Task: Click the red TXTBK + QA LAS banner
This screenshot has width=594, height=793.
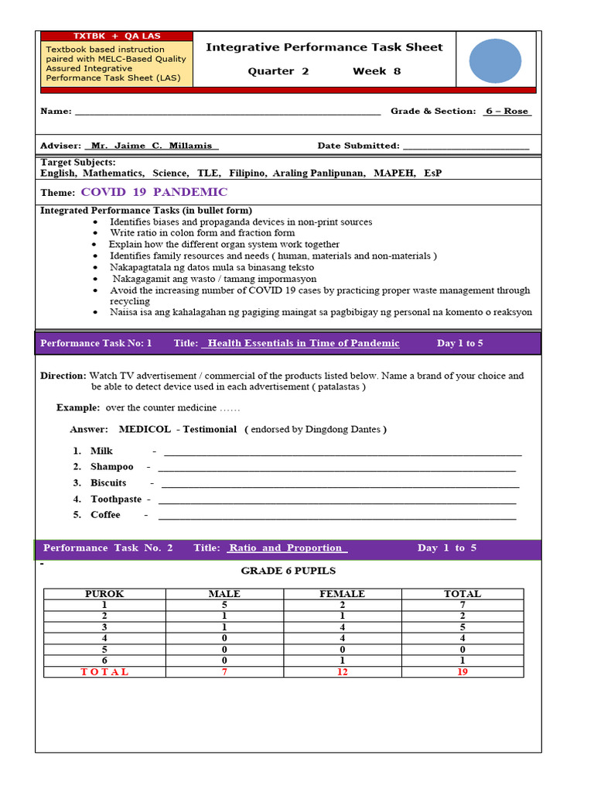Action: (116, 36)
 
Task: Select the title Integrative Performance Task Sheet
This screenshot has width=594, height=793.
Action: (324, 47)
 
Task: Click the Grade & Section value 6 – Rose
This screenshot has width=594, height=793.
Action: (507, 112)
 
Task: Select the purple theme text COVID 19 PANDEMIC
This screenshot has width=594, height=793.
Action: (154, 192)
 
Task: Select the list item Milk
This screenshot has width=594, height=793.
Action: (101, 451)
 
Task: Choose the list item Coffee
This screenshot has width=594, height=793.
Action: (105, 515)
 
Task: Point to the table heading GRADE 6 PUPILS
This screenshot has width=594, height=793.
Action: (288, 571)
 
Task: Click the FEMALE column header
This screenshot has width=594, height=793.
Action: (342, 594)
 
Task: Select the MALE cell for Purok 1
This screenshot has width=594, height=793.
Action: (224, 605)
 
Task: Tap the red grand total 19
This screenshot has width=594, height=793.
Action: (462, 671)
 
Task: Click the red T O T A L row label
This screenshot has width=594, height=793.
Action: (105, 671)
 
